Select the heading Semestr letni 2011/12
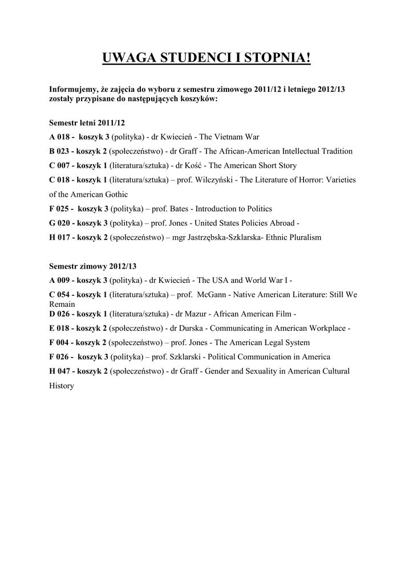pos(87,123)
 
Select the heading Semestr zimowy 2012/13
pos(93,266)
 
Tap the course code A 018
pos(60,137)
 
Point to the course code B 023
pos(60,151)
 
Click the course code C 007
pos(60,165)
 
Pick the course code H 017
pos(60,237)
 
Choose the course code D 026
pos(60,314)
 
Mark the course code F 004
pos(60,342)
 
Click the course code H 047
pos(60,371)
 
